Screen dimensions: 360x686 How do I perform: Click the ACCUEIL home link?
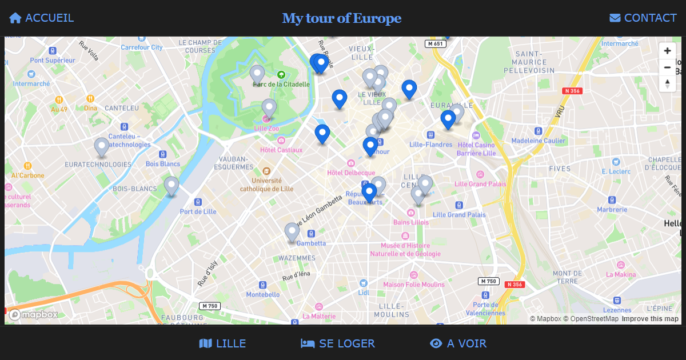(x=42, y=18)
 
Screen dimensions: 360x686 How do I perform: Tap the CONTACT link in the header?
(x=643, y=18)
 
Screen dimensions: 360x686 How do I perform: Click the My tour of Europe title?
(x=342, y=18)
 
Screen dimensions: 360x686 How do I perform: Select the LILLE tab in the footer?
(x=223, y=343)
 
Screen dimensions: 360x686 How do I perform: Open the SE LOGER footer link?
(x=338, y=343)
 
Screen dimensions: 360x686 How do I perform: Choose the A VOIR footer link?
(x=458, y=343)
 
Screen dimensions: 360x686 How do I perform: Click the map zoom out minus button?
(x=667, y=67)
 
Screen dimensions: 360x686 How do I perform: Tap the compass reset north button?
(x=667, y=83)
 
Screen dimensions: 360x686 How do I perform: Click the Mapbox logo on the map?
(x=34, y=314)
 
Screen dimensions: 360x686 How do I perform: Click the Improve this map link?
(x=650, y=319)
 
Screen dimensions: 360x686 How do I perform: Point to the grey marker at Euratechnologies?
(x=101, y=146)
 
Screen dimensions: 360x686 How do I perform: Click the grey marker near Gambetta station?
(x=292, y=231)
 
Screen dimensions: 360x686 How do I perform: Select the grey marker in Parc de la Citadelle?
(x=257, y=74)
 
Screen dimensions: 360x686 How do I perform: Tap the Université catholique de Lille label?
(x=266, y=185)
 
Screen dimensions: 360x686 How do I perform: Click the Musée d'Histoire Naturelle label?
(x=405, y=250)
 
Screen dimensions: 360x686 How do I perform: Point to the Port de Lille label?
(x=198, y=211)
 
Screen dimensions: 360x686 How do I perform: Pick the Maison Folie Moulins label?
(x=413, y=285)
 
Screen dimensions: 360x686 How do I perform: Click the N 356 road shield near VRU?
(x=572, y=91)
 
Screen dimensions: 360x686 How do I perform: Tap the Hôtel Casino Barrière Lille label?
(x=476, y=149)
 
